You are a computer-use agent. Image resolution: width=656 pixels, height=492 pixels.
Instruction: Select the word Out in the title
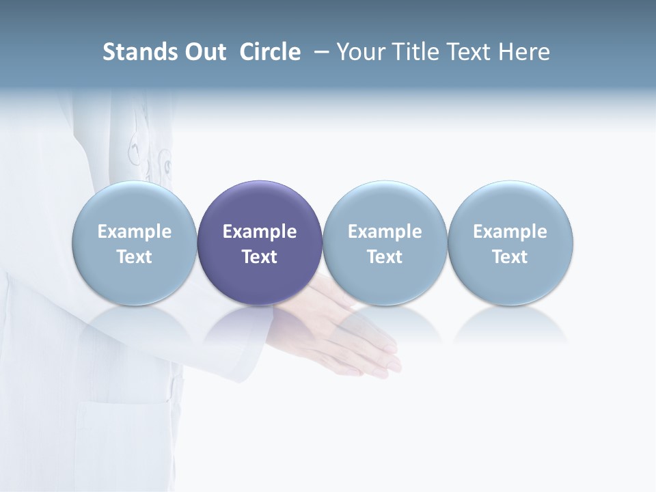point(204,52)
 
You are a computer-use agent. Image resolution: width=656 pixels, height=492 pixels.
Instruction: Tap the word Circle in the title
point(270,52)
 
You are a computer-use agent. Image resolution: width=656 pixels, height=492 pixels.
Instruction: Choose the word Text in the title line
point(465,52)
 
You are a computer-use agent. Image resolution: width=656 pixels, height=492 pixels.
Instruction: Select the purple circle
point(260,205)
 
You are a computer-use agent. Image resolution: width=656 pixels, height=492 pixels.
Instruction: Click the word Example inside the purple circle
point(260,232)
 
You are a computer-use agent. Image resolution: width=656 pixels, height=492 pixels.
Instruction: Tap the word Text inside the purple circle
point(260,257)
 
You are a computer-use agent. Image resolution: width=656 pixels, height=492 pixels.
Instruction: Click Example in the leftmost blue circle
point(134,232)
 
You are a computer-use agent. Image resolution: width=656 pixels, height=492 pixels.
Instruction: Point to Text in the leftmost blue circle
point(134,257)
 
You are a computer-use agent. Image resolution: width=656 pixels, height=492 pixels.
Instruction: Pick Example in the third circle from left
point(385,232)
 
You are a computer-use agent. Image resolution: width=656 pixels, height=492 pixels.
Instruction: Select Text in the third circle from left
point(385,257)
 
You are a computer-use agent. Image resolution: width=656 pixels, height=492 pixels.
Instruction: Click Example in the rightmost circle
point(510,232)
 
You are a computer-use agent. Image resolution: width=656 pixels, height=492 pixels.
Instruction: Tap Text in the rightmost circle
point(510,257)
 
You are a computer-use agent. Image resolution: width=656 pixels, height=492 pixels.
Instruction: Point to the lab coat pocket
point(123,437)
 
